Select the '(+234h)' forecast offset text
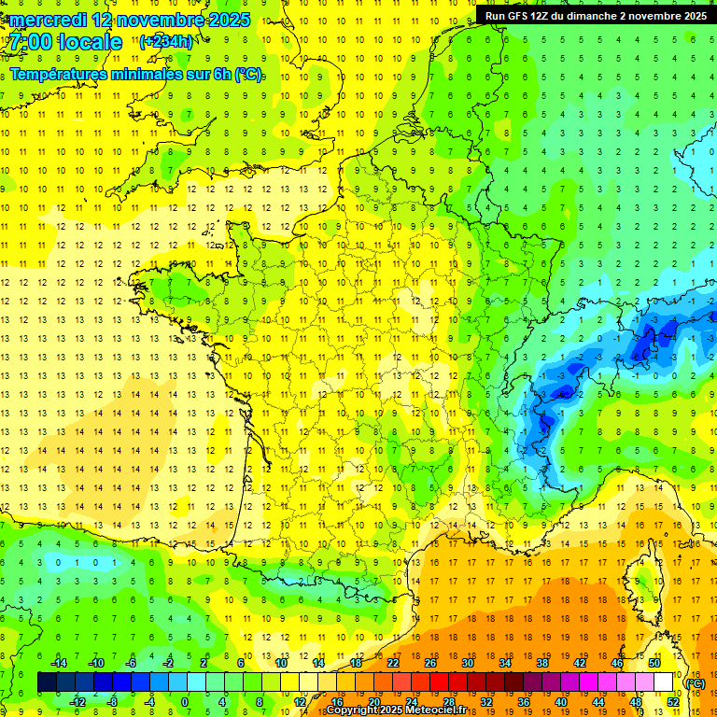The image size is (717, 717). click(x=167, y=41)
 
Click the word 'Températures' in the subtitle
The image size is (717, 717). click(x=65, y=74)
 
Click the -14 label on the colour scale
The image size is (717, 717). click(x=58, y=662)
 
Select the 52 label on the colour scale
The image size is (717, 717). click(x=673, y=701)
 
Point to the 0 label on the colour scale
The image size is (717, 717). click(x=185, y=701)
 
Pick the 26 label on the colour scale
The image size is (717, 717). click(x=429, y=662)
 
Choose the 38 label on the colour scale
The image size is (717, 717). click(x=541, y=662)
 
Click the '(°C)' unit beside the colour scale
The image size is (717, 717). click(x=695, y=682)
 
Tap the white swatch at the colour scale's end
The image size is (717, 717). click(x=664, y=682)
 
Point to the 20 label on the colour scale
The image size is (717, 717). click(x=373, y=701)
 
